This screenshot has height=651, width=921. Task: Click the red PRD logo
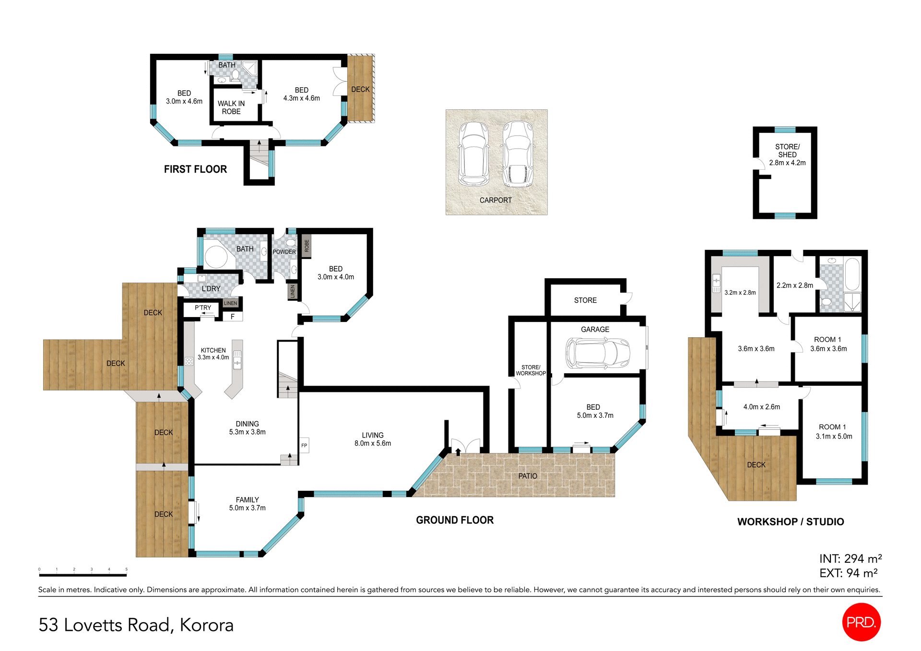[861, 622]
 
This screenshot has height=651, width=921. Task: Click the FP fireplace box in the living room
[304, 445]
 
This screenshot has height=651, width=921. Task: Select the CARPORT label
[496, 200]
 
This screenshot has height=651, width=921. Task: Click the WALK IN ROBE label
[231, 107]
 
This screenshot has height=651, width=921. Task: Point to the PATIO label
[528, 476]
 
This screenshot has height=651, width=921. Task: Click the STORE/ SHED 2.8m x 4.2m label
[787, 154]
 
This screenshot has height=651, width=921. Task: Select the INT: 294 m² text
[850, 558]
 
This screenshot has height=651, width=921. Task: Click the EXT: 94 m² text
[848, 573]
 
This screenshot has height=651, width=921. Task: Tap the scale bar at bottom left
[83, 574]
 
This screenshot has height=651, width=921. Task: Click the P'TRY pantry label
[203, 308]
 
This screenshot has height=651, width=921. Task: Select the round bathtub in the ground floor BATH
[216, 257]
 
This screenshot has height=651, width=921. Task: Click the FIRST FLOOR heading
[195, 169]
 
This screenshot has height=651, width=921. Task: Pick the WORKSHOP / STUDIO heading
[790, 521]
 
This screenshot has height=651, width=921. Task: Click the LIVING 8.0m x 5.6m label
[373, 439]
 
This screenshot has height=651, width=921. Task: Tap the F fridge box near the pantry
[233, 317]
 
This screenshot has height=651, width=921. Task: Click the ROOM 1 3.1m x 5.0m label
[834, 431]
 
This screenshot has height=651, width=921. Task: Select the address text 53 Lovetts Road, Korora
[136, 625]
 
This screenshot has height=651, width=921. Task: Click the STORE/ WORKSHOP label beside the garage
[531, 370]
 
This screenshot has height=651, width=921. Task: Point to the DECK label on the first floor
[360, 89]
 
